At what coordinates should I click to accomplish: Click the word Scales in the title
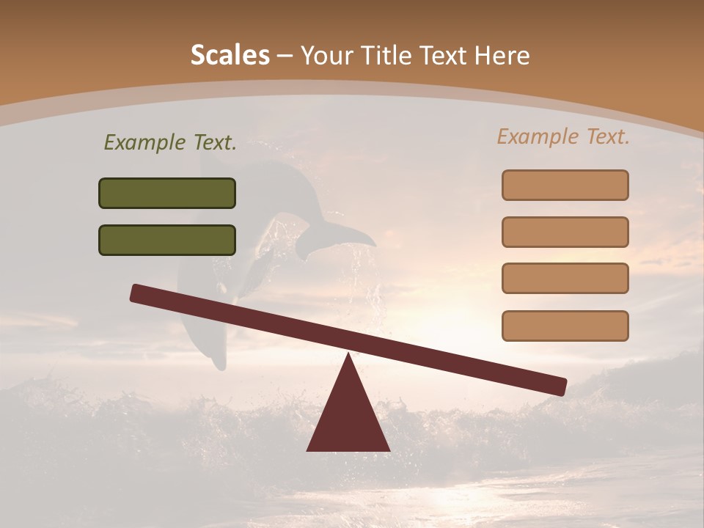click(x=230, y=55)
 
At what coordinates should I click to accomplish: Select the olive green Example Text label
click(x=170, y=142)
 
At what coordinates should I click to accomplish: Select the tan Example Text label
click(x=563, y=136)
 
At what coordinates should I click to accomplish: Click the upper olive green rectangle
click(x=167, y=193)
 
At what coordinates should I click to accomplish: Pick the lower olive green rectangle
click(x=167, y=240)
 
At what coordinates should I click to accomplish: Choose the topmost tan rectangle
click(x=565, y=185)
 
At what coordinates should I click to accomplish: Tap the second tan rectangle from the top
click(x=565, y=232)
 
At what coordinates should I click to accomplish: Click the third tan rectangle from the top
click(x=565, y=278)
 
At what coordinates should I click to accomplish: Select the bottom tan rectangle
click(x=565, y=326)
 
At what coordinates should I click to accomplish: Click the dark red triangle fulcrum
click(x=348, y=418)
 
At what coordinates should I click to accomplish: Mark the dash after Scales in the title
click(x=285, y=56)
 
